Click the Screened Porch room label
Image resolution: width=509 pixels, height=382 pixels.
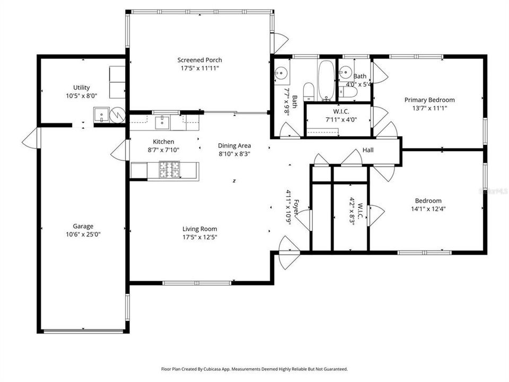199,60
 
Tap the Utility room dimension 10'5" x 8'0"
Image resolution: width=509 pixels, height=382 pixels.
82,96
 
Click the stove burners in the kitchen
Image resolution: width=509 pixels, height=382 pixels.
170,169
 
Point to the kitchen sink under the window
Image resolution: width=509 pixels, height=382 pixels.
162,123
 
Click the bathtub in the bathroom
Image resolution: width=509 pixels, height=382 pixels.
326,80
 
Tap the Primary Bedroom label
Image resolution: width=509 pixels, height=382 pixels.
429,100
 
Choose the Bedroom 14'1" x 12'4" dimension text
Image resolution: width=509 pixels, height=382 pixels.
428,209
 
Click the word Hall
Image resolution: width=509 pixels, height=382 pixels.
368,150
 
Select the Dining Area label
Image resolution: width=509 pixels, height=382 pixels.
234,145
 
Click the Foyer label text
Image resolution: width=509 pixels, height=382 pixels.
296,206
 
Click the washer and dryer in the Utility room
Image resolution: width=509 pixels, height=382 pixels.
117,82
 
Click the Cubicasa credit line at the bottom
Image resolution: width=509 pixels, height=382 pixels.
254,369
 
